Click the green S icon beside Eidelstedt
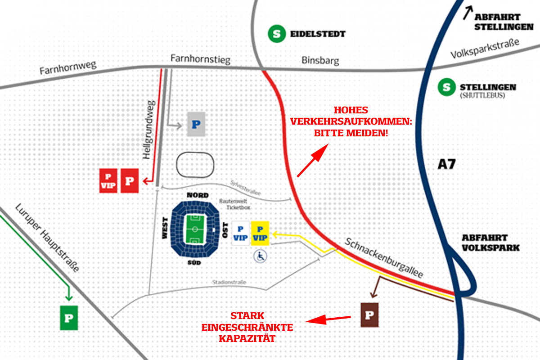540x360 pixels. coord(277,34)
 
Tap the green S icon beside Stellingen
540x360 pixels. coord(447,87)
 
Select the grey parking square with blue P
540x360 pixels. coord(196,124)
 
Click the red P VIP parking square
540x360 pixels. coord(108,181)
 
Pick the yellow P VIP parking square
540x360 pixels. coord(260,234)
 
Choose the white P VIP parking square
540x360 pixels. coord(241,234)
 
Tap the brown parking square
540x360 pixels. coord(369,315)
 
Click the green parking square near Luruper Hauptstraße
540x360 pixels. coord(69,318)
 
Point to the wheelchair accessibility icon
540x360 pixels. coord(261,256)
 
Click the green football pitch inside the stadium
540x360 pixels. coord(195,229)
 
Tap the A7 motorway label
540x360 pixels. coord(446,164)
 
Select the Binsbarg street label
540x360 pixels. coord(320,60)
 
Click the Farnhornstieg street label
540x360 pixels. coord(201,59)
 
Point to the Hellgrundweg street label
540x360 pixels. coord(149,130)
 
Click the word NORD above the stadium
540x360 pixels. coord(198,195)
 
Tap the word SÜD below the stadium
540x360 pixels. coord(194,263)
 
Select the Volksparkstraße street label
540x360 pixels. coord(485,49)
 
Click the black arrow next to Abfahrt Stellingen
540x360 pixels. coord(468,13)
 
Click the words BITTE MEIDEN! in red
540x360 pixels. coord(351,133)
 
